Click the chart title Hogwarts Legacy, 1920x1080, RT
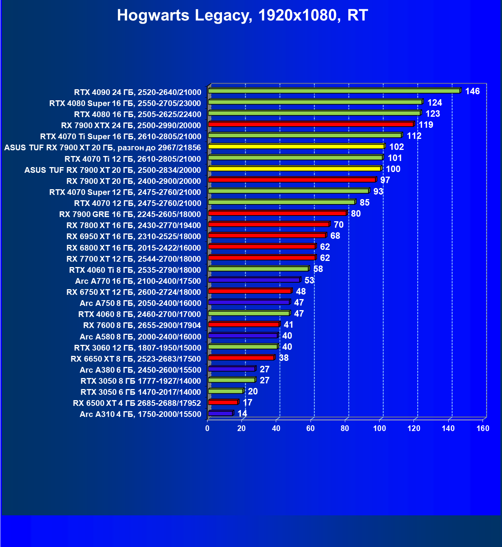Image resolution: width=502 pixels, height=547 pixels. [x=242, y=16]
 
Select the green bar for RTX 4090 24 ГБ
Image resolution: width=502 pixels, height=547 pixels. [x=334, y=91]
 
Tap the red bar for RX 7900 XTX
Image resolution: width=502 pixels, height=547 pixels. [x=311, y=124]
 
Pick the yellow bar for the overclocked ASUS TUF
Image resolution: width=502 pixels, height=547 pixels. [x=296, y=146]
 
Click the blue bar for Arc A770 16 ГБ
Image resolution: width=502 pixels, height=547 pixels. [x=254, y=280]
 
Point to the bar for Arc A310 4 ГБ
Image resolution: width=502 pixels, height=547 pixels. [x=220, y=413]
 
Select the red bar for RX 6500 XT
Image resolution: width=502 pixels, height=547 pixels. [x=223, y=402]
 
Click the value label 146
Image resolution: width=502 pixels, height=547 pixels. [x=472, y=91]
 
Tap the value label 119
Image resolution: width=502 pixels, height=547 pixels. [x=426, y=125]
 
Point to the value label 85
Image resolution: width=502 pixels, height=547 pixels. [x=364, y=203]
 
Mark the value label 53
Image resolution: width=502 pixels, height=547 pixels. [x=309, y=280]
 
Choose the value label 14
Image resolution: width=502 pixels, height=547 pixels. [x=242, y=413]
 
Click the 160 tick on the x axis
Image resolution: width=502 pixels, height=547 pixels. [x=483, y=428]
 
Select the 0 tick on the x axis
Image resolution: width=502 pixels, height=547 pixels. [x=208, y=428]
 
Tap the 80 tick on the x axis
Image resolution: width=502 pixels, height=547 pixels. [x=345, y=428]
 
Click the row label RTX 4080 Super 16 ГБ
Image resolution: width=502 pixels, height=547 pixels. [x=125, y=103]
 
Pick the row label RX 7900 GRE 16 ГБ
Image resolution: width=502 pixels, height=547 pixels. [x=130, y=214]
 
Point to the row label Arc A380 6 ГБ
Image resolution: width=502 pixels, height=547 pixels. [x=140, y=370]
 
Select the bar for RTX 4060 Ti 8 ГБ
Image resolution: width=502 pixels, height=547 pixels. [x=258, y=269]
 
